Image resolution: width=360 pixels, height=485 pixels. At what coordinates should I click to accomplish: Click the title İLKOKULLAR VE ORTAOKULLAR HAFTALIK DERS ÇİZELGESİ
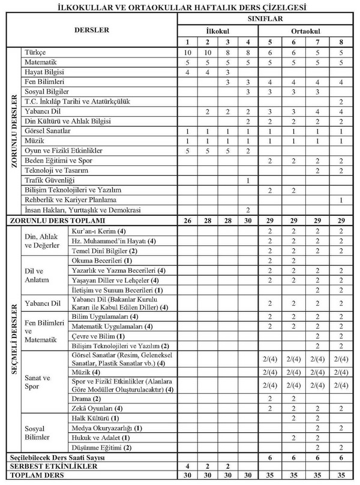tap(179, 7)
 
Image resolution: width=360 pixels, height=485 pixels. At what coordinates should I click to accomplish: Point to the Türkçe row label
tap(35, 52)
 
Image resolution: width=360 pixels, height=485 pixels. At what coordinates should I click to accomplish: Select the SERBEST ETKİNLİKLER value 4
tap(188, 466)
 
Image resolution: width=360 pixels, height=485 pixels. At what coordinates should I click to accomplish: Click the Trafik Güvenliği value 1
tap(247, 180)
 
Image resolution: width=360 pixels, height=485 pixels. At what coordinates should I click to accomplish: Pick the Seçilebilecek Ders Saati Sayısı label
tap(55, 457)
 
